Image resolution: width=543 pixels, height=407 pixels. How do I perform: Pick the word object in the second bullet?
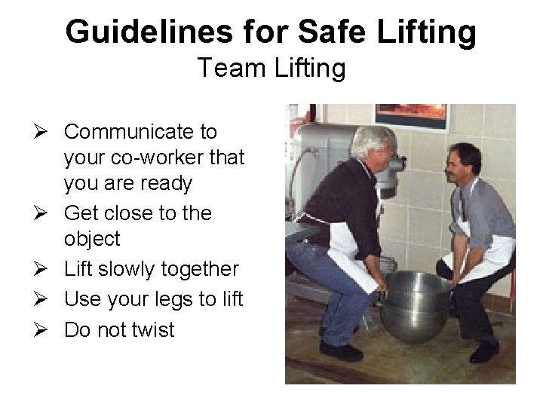coord(92,240)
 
